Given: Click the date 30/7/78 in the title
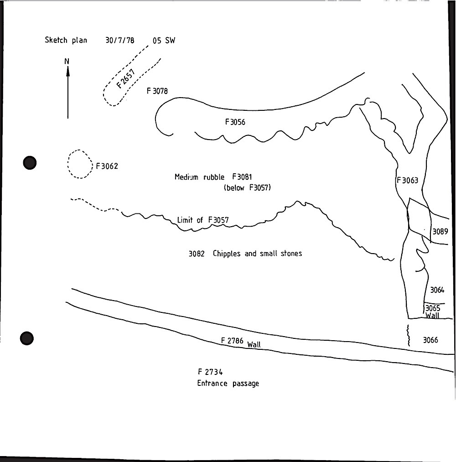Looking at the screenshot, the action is [x=120, y=40].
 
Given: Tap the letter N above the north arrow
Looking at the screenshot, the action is [x=67, y=61].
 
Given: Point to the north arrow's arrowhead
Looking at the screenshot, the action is [x=68, y=71].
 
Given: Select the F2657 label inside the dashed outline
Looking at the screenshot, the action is [x=125, y=78].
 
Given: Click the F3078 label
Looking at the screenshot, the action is [x=157, y=91].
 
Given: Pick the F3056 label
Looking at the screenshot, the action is [x=235, y=122].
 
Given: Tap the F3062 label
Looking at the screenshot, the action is [x=107, y=166].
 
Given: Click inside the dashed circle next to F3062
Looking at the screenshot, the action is [x=79, y=164].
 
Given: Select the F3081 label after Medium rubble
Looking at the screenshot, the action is [x=242, y=177].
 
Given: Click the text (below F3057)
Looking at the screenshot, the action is [x=247, y=188].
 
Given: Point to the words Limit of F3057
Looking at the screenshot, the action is [x=203, y=220].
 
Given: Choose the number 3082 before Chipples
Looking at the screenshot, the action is [x=197, y=254].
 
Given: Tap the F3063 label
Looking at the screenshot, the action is [x=407, y=180].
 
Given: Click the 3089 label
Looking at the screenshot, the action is [x=440, y=232].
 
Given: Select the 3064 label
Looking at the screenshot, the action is [x=437, y=290].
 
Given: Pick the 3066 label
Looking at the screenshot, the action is [x=430, y=340].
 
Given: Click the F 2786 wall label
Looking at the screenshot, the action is [x=241, y=343].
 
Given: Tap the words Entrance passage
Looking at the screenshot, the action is [x=228, y=384].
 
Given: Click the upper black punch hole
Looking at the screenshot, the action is [x=30, y=163].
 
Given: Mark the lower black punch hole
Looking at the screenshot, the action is [x=27, y=338].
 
